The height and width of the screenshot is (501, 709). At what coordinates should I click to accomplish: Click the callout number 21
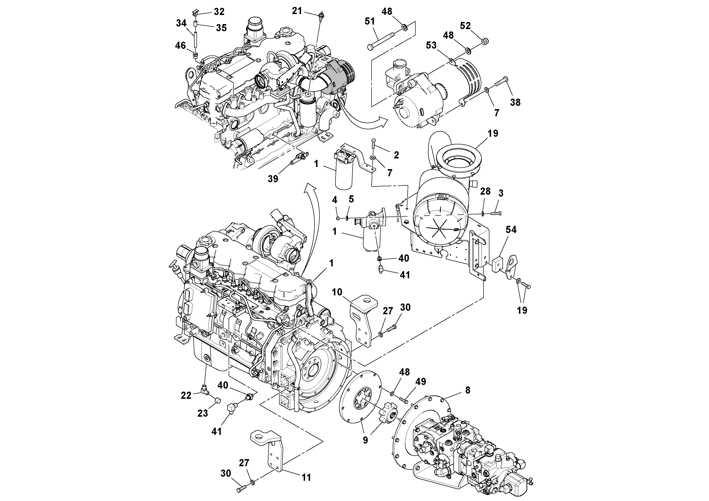(297, 11)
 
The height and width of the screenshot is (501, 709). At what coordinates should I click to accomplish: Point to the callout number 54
(511, 229)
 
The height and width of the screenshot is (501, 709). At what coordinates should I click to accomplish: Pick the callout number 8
(468, 390)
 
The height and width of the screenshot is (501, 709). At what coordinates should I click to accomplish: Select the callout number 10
(337, 292)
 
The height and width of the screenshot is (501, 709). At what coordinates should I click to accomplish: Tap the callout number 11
(306, 477)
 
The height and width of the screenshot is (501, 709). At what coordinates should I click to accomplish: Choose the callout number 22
(186, 395)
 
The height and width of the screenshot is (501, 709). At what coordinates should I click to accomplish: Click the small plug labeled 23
(218, 401)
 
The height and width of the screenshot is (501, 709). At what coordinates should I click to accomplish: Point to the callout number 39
(273, 178)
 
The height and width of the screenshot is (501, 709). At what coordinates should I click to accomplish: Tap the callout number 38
(515, 102)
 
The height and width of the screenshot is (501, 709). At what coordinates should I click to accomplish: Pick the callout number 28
(485, 192)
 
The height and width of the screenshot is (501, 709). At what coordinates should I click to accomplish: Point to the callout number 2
(396, 155)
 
